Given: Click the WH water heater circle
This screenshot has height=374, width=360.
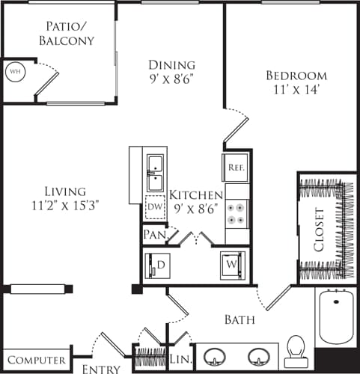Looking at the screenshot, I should [14, 72].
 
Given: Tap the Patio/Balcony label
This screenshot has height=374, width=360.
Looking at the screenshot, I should [67, 34].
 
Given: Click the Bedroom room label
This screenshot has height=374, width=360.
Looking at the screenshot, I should [296, 76].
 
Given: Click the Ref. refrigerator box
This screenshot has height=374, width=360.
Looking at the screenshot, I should [235, 168].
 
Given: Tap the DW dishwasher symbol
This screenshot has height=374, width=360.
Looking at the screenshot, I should [156, 206].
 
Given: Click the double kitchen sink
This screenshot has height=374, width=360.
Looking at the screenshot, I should [156, 174].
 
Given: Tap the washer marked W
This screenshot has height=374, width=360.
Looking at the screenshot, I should [232, 266].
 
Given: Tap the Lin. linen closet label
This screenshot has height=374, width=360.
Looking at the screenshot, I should [179, 360].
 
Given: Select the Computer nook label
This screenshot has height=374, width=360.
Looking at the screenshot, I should [34, 360].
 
